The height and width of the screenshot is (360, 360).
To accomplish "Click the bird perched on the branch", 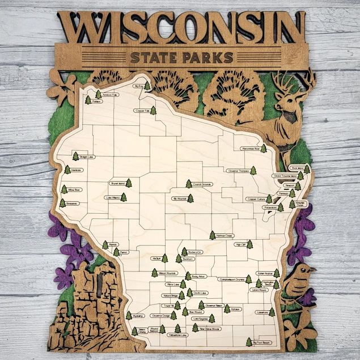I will [298, 281].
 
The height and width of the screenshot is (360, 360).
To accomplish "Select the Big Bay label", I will [138, 86].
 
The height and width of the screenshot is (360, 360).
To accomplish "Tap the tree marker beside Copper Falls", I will [153, 111].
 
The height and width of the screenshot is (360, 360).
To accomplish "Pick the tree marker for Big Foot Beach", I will [249, 342].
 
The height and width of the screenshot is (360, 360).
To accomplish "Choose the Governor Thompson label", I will [238, 171].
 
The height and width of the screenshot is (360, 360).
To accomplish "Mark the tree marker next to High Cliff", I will [249, 244].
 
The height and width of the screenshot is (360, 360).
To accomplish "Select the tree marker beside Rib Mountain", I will [190, 198].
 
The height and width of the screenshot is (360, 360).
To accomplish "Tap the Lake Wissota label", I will [112, 198].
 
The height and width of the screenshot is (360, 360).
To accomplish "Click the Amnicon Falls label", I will [110, 95].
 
